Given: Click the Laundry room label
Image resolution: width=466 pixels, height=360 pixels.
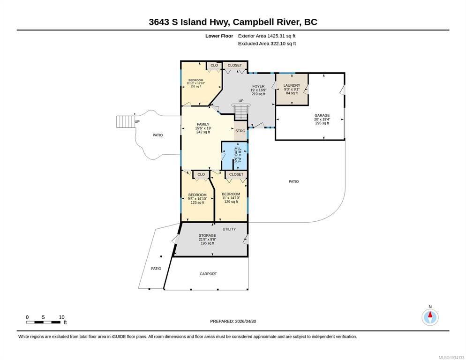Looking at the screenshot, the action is [x=292, y=89].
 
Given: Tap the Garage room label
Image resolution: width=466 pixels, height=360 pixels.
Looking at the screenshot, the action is [x=322, y=119].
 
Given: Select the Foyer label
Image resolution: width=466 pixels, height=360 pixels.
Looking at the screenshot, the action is [x=258, y=90].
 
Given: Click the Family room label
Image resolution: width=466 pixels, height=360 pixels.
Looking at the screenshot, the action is [x=203, y=128].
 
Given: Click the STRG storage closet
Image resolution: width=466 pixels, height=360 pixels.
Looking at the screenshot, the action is [x=241, y=131].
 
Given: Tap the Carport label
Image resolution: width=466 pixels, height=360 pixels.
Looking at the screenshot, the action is [x=208, y=274].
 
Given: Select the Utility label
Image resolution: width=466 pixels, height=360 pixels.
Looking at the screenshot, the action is [x=229, y=229].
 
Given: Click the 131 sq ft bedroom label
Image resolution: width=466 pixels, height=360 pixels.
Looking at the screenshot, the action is [x=196, y=83].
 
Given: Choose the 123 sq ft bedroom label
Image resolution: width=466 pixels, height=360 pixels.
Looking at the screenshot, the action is [x=197, y=199].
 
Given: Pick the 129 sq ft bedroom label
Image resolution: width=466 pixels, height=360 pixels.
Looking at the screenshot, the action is [x=231, y=198].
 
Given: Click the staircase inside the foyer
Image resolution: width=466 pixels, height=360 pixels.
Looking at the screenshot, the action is [x=241, y=112].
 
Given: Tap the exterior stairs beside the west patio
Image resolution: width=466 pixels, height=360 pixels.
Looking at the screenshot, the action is [x=126, y=121].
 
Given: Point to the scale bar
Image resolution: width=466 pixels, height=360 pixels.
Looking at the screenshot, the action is [x=44, y=322].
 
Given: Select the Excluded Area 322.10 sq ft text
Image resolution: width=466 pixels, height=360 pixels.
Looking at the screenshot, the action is [x=267, y=44].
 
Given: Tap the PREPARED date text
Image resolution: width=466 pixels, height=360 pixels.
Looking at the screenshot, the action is [x=233, y=322].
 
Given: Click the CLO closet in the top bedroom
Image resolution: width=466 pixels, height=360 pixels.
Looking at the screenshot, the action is [x=214, y=66].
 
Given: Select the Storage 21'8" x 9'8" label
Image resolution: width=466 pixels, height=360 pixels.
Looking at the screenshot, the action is [x=207, y=240].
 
